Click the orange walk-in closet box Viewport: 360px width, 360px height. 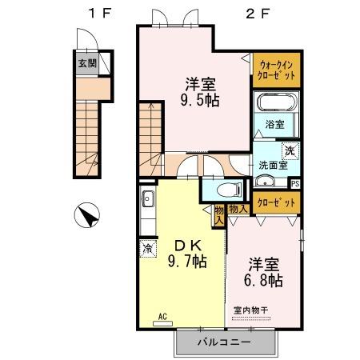point(274,70)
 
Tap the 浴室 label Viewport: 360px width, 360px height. point(275,125)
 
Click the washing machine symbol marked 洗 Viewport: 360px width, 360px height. point(290,150)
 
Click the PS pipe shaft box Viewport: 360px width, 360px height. point(295,183)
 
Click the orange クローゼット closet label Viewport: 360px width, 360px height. point(275,203)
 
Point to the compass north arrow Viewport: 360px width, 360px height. point(87,215)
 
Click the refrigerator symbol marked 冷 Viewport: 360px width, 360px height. point(146,248)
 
